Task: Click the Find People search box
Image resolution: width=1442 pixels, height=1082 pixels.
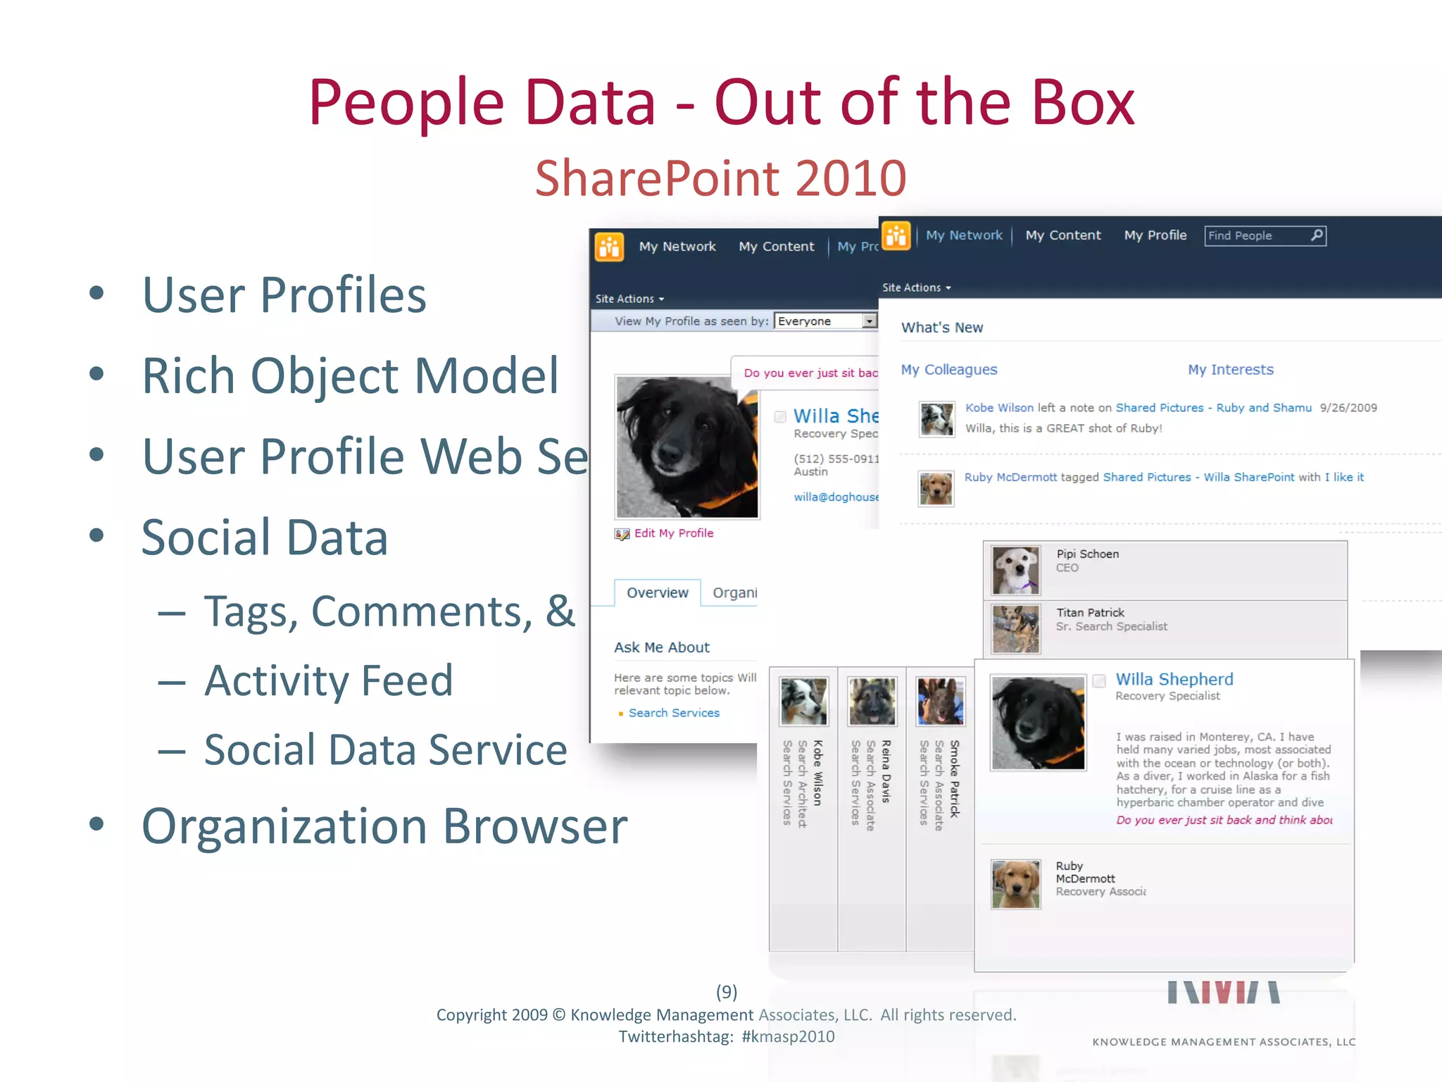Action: coord(1258,236)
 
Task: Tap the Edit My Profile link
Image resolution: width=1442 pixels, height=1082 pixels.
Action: coord(673,533)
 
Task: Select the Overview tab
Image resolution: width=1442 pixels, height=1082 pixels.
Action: coord(657,593)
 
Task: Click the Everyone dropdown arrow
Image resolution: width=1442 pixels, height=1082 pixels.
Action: coord(870,321)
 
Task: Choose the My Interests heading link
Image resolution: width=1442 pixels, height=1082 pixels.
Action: coord(1230,370)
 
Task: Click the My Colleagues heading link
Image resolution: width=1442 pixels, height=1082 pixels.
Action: coord(948,370)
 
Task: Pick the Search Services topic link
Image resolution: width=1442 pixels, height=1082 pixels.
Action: coord(674,713)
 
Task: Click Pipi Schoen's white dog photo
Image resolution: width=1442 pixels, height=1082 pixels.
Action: coord(1015,570)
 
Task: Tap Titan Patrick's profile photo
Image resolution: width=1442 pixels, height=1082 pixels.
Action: coord(1015,629)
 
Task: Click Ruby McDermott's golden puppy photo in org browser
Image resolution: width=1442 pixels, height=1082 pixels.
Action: coord(1015,884)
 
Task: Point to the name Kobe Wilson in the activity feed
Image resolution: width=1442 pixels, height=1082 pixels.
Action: coord(999,408)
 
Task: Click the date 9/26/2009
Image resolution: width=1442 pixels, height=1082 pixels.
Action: coord(1348,408)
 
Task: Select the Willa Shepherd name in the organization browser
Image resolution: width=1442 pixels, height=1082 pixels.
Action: coord(1174,679)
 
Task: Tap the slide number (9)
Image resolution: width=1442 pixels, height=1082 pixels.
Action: coord(727,992)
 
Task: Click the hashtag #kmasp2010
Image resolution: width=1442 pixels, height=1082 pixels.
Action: coord(788,1036)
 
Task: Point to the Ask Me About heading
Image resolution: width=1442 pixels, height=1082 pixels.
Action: coord(661,647)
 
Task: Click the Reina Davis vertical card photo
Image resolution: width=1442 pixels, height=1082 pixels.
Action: coord(872,701)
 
